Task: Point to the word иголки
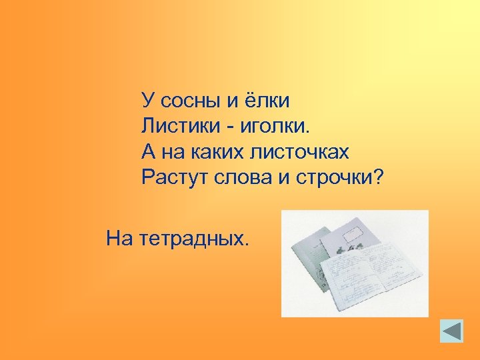pyautogui.click(x=273, y=127)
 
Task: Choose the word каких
pyautogui.click(x=219, y=153)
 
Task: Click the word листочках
pyautogui.click(x=299, y=153)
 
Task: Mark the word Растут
pyautogui.click(x=173, y=179)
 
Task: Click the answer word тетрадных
pyautogui.click(x=195, y=238)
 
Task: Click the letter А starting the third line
pyautogui.click(x=149, y=153)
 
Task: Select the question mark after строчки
pyautogui.click(x=380, y=178)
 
